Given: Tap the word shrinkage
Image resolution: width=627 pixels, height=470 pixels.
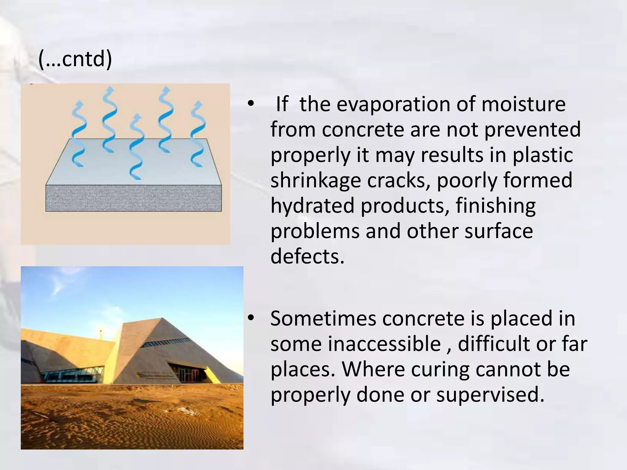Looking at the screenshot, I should [x=316, y=180].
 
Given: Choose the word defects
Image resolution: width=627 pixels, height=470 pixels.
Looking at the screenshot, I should [x=307, y=256].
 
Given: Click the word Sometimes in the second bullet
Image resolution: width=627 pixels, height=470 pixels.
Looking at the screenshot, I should [x=323, y=319].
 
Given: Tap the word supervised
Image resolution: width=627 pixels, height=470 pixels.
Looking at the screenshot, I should [x=490, y=394].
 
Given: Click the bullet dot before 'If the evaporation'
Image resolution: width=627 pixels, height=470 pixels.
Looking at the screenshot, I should [x=251, y=104].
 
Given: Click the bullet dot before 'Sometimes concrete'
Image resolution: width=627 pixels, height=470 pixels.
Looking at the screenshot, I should [x=251, y=319].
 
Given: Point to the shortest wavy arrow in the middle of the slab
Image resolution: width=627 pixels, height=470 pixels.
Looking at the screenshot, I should [x=136, y=147].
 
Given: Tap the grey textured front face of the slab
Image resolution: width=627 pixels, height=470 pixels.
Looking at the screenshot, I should [x=133, y=198].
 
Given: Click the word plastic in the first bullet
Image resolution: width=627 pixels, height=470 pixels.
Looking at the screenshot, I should [x=543, y=155].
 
